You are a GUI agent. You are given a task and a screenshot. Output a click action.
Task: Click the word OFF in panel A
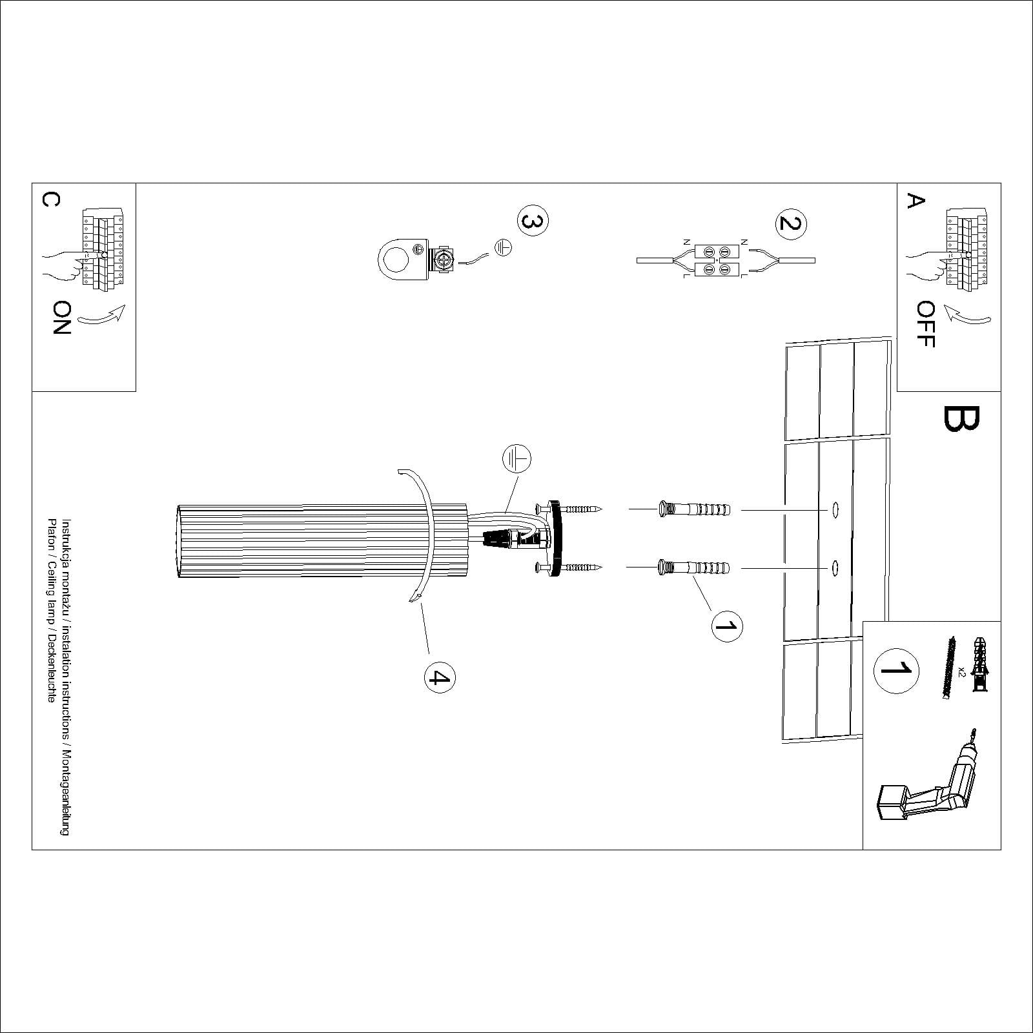[x=925, y=325]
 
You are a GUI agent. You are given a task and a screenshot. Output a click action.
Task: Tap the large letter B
[x=961, y=419]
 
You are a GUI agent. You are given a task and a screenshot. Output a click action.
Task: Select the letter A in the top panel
[x=915, y=201]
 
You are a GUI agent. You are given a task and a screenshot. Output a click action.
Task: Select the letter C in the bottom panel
[x=50, y=200]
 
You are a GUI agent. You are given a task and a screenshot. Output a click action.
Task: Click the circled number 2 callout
[x=790, y=223]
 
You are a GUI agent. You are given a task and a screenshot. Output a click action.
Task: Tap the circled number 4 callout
[x=439, y=677]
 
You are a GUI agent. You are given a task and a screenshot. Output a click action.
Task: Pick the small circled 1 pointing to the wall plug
[x=727, y=626]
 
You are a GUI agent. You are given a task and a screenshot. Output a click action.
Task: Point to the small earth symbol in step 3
[x=503, y=247]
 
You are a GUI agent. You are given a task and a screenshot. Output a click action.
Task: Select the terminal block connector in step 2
[x=717, y=260]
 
